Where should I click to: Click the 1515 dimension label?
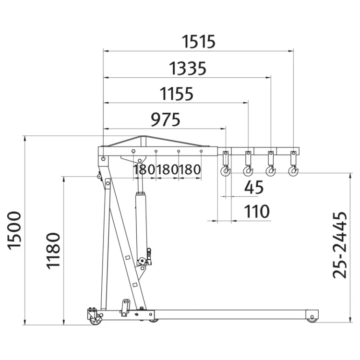pyautogui.click(x=199, y=42)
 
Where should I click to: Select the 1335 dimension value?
pyautogui.click(x=188, y=69)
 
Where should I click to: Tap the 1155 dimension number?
pyautogui.click(x=176, y=94)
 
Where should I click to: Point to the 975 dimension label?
pyautogui.click(x=165, y=120)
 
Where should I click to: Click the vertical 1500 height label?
pyautogui.click(x=14, y=230)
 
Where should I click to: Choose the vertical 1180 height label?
pyautogui.click(x=53, y=251)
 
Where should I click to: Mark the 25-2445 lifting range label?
pyautogui.click(x=340, y=245)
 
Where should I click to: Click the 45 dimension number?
pyautogui.click(x=254, y=187)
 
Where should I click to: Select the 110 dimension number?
pyautogui.click(x=256, y=211)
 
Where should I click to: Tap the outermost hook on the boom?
pyautogui.click(x=293, y=171)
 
